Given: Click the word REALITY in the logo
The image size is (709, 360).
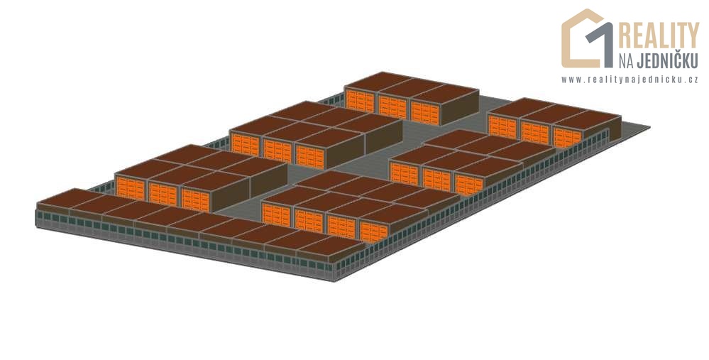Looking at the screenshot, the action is (x=659, y=36).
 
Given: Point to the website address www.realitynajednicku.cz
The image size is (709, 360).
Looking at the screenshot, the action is (x=630, y=80).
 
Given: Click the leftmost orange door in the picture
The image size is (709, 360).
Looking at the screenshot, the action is (x=130, y=188).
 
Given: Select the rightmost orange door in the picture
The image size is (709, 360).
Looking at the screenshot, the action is (x=568, y=138).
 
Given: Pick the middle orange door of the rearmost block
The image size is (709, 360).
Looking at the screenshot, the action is (x=393, y=107).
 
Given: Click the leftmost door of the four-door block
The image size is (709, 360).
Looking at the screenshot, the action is (x=276, y=215).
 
